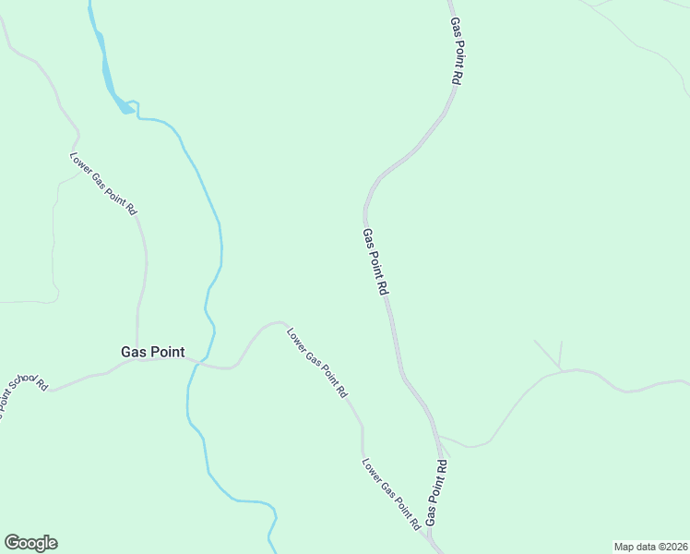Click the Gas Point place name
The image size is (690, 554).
(x=152, y=352)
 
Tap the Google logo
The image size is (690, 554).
(x=30, y=543)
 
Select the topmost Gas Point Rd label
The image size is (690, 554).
(x=455, y=52)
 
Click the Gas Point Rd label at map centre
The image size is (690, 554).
(x=375, y=262)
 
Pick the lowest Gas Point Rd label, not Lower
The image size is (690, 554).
(x=436, y=493)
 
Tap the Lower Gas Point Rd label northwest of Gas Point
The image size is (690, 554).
(x=103, y=184)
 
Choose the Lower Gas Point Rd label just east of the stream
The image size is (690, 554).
(x=316, y=363)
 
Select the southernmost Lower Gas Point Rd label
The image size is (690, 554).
(x=391, y=495)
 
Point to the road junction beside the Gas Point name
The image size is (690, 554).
(x=137, y=360)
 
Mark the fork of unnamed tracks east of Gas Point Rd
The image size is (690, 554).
(x=559, y=369)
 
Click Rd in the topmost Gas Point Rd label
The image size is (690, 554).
(x=456, y=78)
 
